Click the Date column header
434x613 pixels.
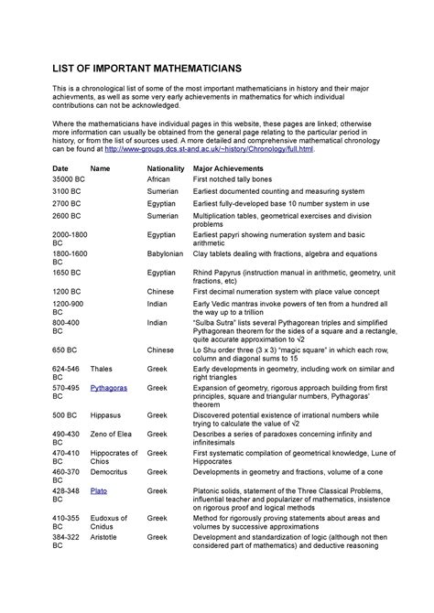60,170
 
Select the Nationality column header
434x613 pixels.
166,170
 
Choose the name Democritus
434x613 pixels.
112,472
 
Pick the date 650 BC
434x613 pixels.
65,350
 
